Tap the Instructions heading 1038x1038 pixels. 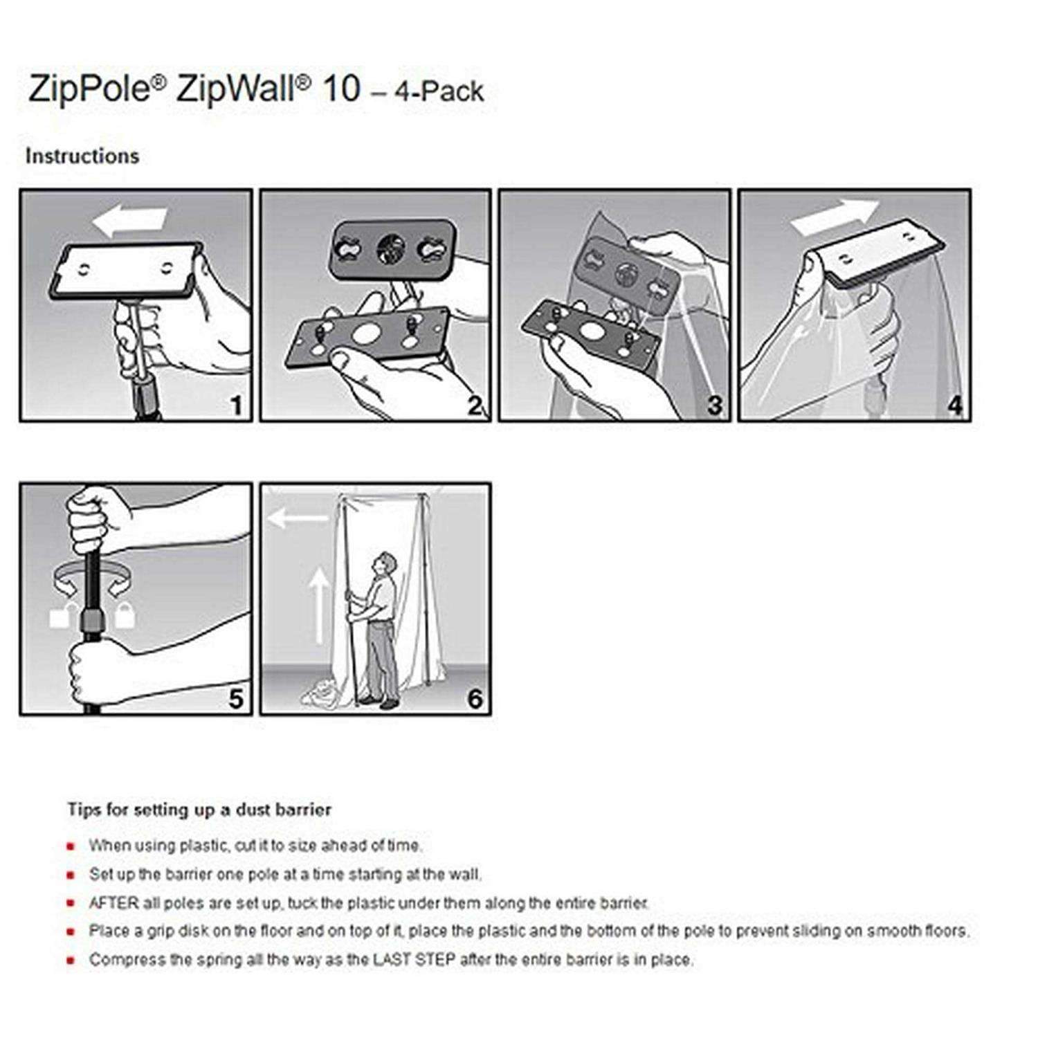click(82, 156)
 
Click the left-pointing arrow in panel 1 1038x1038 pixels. click(129, 219)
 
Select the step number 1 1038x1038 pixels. click(236, 406)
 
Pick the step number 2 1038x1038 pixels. click(475, 406)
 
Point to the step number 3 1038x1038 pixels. click(714, 406)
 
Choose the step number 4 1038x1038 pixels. click(954, 406)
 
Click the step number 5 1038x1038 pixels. click(236, 699)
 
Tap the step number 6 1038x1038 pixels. click(475, 699)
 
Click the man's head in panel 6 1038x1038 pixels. click(386, 563)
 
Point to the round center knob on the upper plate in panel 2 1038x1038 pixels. click(391, 249)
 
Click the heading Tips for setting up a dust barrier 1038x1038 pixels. click(199, 810)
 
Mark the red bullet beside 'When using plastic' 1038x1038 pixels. click(71, 846)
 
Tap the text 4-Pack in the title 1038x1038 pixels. click(439, 92)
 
